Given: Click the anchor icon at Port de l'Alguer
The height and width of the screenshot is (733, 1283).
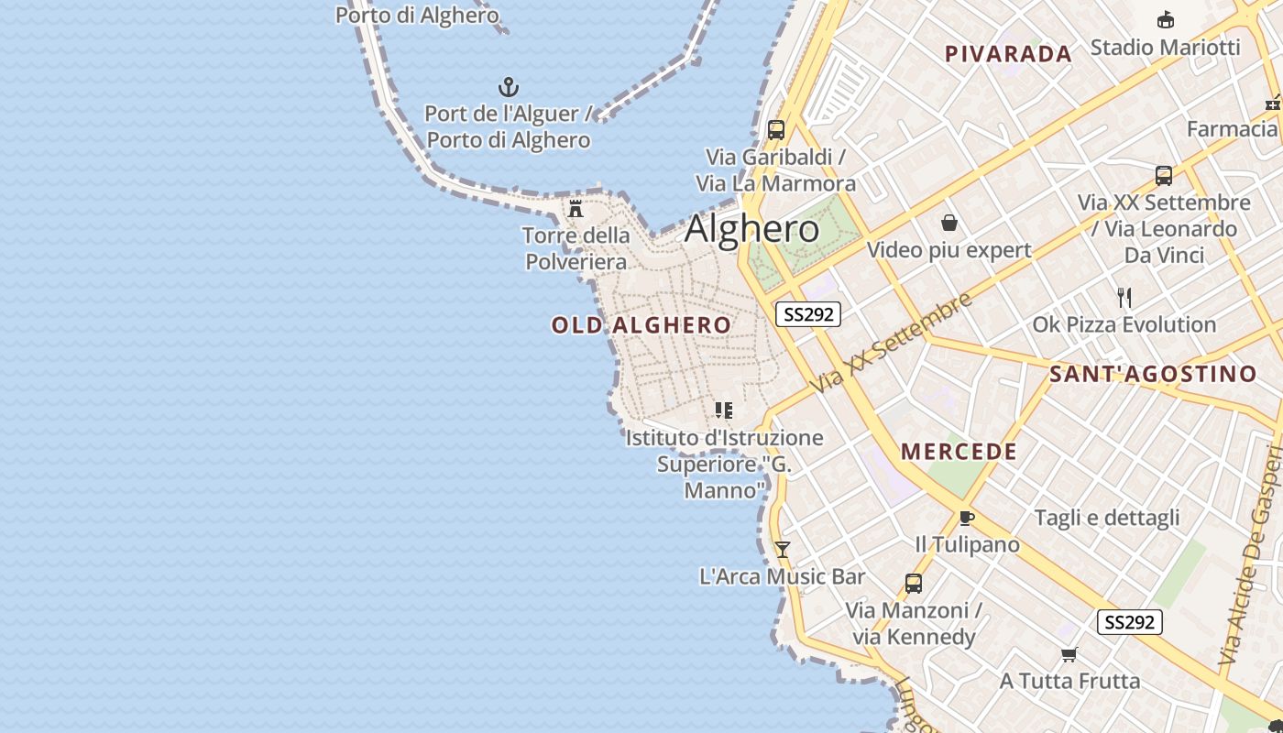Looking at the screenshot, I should [509, 87].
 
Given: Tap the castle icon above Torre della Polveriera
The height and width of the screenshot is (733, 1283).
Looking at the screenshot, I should [576, 209].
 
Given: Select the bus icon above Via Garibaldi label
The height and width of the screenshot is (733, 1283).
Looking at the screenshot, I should [776, 129].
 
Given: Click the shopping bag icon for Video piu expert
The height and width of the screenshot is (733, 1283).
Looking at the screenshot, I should [949, 223].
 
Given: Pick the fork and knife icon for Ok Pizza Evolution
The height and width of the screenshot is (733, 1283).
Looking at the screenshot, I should [1124, 297].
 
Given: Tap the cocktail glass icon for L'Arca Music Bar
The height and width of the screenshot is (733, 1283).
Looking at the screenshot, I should [782, 549].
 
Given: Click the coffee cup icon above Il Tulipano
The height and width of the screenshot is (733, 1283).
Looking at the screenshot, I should [967, 518].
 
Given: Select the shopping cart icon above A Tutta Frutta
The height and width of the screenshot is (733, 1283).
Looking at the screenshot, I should [1069, 654].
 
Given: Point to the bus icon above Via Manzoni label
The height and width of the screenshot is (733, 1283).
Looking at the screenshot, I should [914, 583].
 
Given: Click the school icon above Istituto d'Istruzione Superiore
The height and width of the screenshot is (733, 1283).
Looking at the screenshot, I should [724, 410].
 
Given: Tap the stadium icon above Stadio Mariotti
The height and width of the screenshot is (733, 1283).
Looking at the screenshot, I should [1166, 19].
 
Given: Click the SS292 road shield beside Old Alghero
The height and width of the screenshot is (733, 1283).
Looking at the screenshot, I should [808, 314].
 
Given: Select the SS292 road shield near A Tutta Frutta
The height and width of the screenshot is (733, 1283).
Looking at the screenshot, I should [1130, 622].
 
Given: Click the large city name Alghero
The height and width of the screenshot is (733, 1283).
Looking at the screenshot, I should [751, 229].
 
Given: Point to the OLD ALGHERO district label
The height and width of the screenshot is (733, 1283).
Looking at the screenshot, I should [641, 325].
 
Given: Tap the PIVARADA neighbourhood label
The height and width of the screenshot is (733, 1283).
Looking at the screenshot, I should [1008, 54].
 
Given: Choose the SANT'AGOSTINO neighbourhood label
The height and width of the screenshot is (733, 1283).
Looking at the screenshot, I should [1153, 374].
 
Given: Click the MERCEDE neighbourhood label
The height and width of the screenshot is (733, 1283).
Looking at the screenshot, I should [960, 452].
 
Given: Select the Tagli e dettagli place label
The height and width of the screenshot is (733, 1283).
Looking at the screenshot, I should [1107, 518].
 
